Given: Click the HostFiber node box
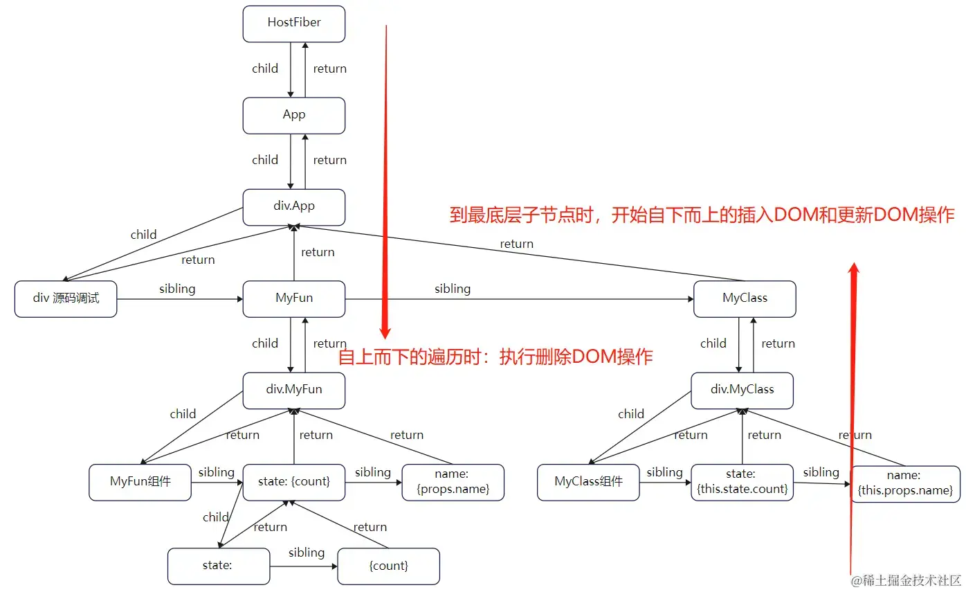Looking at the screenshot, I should [x=294, y=23].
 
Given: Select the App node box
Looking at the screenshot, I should [x=294, y=115].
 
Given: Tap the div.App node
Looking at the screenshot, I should [x=294, y=206].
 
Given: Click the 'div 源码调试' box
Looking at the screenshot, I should [x=66, y=298].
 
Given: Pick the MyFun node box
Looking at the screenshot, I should [x=294, y=298].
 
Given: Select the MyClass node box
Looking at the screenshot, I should [x=745, y=298].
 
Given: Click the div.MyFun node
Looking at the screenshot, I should [x=294, y=390].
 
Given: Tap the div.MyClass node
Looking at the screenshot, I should [x=742, y=390].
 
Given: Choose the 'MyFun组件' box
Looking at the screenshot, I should [x=140, y=482].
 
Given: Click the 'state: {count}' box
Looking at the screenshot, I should [x=294, y=482].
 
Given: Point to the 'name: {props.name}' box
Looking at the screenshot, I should [x=453, y=482].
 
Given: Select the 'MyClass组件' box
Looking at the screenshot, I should [x=589, y=482].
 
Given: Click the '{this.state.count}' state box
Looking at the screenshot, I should [x=742, y=482].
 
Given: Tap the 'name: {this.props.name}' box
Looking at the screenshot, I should [x=905, y=483].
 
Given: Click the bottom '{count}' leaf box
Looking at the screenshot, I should [x=389, y=566].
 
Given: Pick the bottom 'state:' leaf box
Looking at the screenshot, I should [x=218, y=566].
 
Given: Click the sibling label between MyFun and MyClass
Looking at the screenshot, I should [x=453, y=289].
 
